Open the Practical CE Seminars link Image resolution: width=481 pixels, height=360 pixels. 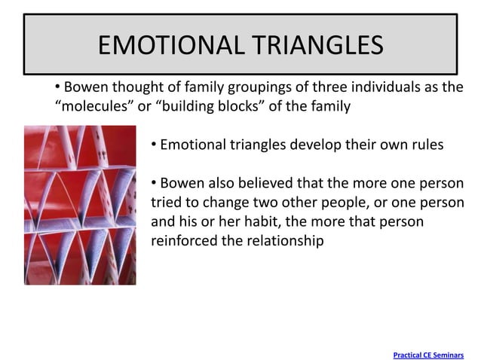pos(428,353)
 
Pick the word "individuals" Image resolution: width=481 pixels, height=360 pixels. pos(371,87)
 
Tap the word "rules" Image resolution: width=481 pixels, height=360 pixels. pos(426,145)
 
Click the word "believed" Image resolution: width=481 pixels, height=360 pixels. pos(269,184)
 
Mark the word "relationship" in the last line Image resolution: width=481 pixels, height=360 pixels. pos(283,241)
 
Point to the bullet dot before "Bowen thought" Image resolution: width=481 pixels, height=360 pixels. pos(57,86)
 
